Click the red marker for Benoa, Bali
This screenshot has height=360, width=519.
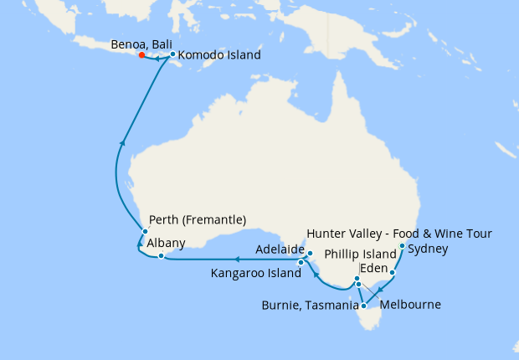coord(141,55)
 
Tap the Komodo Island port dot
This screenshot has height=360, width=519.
coord(172,55)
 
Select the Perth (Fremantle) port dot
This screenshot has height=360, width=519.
coord(145,232)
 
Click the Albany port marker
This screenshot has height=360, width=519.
coord(161,255)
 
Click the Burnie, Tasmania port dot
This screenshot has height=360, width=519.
coord(363,306)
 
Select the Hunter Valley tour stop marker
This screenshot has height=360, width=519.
coord(403,246)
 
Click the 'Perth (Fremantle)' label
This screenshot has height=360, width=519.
coord(197,220)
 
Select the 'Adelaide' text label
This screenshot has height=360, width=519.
coord(280,249)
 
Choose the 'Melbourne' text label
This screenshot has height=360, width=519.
coord(412,305)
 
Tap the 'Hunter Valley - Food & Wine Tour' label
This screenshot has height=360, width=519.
coord(399,233)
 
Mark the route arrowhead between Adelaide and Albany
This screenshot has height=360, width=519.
coord(237,260)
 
